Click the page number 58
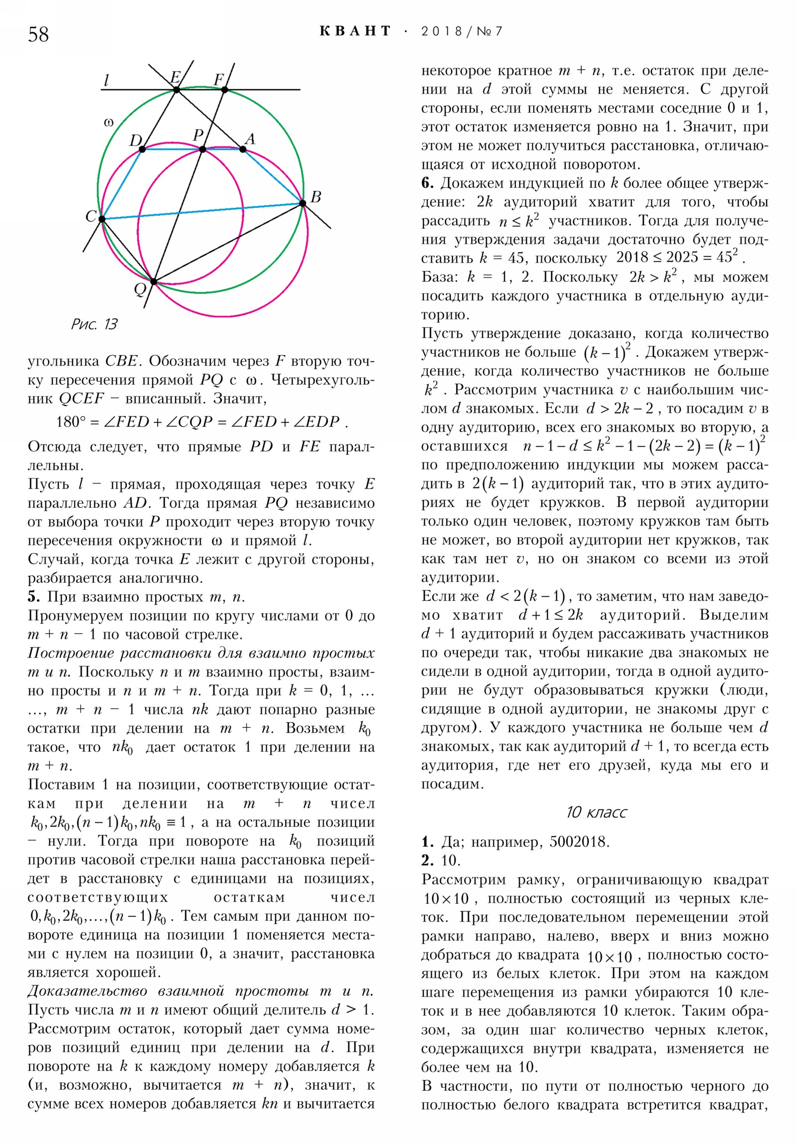coord(38,34)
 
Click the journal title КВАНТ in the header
coord(355,31)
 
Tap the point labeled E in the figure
coord(177,90)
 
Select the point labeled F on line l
coord(224,90)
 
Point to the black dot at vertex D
coord(142,149)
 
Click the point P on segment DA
coord(202,149)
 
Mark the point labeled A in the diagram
coord(243,149)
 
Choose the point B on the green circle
coord(302,203)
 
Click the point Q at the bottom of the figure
coord(154,282)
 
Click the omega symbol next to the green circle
coord(108,122)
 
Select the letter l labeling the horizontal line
coord(106,80)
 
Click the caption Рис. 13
coord(94,324)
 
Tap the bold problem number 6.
coord(427,183)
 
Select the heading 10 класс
coord(596,812)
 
